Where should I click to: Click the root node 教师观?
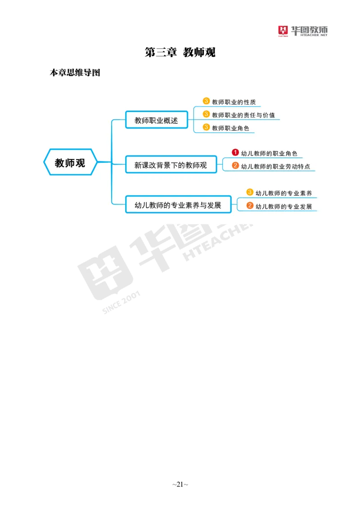pos(70,162)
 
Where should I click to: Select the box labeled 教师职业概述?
pos(156,120)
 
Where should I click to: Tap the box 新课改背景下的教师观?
pos(171,165)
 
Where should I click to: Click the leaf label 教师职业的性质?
pos(234,102)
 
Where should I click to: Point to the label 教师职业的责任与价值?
pos(243,115)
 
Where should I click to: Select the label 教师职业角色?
pos(230,128)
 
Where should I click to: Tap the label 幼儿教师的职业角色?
pos(269,153)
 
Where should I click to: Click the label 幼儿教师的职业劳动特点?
pos(275,166)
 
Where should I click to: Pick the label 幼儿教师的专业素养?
pos(283,193)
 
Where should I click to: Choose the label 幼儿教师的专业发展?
pos(283,207)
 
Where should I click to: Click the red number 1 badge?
pos(235,152)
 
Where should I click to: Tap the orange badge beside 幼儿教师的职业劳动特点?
pos(235,165)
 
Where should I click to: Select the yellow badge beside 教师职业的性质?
pos(206,101)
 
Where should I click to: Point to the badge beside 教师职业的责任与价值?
pos(206,114)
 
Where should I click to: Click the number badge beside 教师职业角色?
pos(206,127)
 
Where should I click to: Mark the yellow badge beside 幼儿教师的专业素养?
pos(250,192)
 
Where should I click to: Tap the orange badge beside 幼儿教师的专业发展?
pos(250,206)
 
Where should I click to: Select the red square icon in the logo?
pos(283,31)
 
